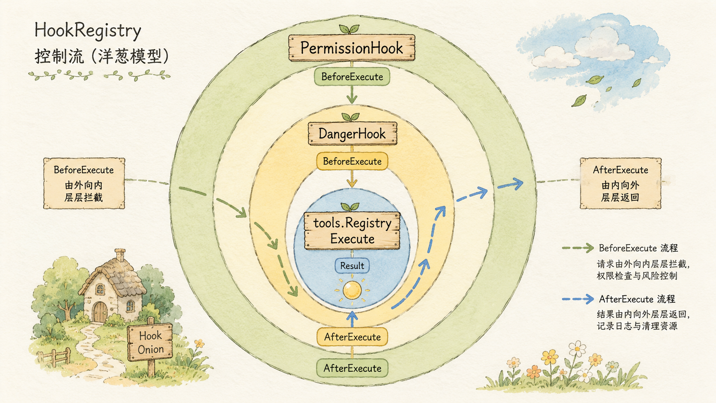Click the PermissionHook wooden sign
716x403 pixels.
click(352, 48)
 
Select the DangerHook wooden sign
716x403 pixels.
click(352, 133)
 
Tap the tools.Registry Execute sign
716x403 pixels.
click(352, 231)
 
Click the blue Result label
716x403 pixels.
click(352, 266)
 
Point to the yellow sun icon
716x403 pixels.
click(352, 290)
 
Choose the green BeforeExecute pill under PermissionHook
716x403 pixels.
click(352, 77)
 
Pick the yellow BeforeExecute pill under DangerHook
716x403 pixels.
click(352, 161)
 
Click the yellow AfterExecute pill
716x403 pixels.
click(352, 337)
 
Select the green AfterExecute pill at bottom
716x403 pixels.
click(352, 368)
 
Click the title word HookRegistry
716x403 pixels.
click(88, 31)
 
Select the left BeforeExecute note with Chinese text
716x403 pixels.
click(84, 183)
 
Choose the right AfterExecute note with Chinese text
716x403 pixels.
click(621, 183)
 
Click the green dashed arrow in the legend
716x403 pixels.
click(578, 248)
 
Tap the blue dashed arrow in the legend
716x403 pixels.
click(578, 299)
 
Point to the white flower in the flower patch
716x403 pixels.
click(577, 348)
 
